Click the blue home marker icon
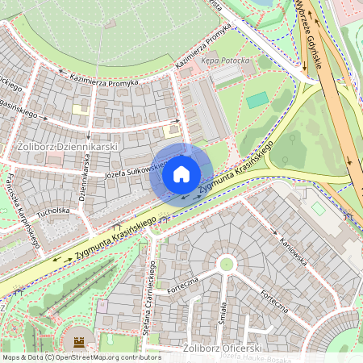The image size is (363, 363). tap(181, 174)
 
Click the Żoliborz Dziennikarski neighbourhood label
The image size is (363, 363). tap(68, 147)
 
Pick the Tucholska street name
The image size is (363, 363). tap(53, 211)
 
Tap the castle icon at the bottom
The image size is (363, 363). tap(79, 342)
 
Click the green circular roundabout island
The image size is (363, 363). tap(227, 263)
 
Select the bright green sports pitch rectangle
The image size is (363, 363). tap(257, 100)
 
